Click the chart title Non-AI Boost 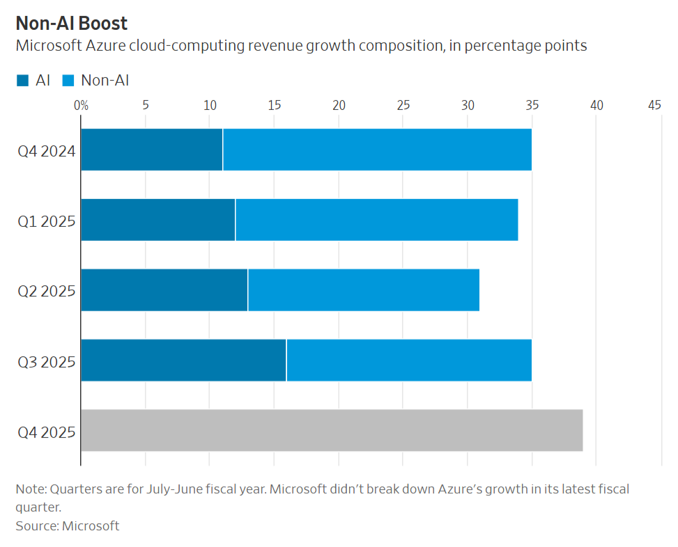point(72,23)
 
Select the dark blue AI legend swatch point(23,81)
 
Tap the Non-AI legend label point(105,81)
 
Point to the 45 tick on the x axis point(654,105)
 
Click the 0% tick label point(82,105)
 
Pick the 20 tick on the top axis point(339,105)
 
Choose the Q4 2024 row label point(47,150)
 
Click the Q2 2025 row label point(47,291)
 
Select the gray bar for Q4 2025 point(332,431)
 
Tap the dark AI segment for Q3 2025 point(183,360)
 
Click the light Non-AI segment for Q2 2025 point(364,290)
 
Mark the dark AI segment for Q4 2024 point(152,150)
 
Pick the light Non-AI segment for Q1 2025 point(376,220)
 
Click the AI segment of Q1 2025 point(158,220)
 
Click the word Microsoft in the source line point(91,526)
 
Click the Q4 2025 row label point(47,431)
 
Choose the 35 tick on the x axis point(532,105)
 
